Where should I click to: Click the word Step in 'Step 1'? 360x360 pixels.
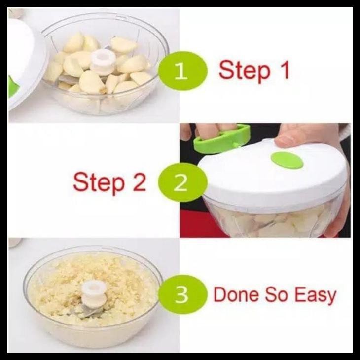point(245,71)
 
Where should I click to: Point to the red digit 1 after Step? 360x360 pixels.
point(284,70)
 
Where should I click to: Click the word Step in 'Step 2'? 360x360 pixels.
point(99,183)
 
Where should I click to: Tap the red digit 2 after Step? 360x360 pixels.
point(139,181)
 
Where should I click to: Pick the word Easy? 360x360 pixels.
point(316,296)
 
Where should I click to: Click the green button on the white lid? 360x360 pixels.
point(287,160)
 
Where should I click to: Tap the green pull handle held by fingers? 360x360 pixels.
point(221,140)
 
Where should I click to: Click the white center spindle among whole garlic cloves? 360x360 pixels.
point(103,62)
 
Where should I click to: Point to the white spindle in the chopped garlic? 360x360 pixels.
point(94,293)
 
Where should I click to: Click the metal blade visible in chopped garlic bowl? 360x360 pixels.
point(90,312)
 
